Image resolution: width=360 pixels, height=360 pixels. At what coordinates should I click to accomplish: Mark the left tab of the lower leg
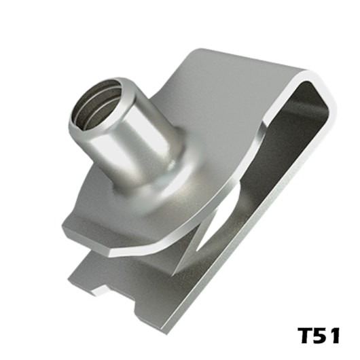point(75,275)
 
